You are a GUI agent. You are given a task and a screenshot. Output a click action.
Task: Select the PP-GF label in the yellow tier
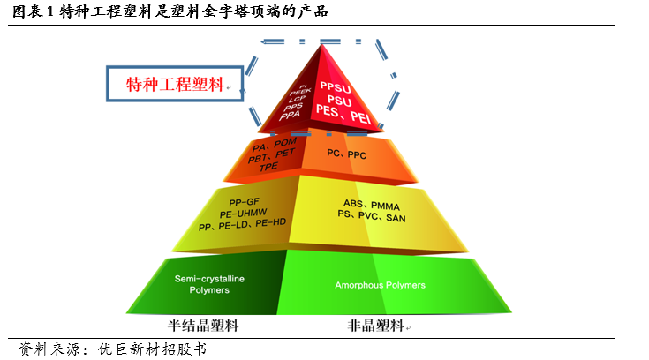[239, 201]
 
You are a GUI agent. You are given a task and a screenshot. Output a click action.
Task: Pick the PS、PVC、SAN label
[374, 215]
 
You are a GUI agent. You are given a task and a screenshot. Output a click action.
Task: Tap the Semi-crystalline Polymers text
[209, 284]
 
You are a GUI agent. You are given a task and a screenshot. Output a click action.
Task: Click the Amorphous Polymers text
[380, 285]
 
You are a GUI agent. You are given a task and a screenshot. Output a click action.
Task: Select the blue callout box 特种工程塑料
[175, 84]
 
